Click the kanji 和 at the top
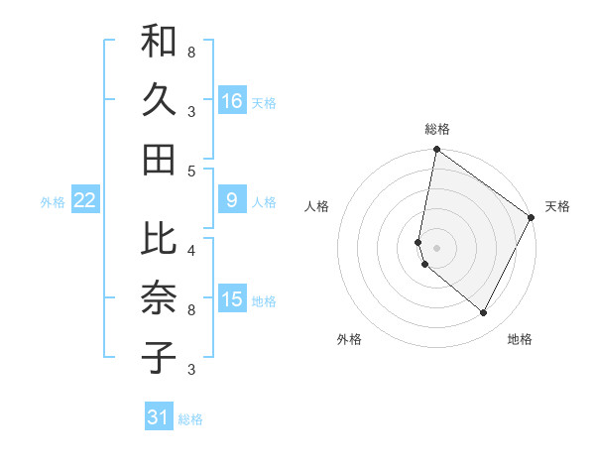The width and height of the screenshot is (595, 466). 159,43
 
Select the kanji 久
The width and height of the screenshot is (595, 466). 159,100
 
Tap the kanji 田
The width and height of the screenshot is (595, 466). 159,159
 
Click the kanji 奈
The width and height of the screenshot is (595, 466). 159,298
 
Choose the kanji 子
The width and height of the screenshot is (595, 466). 159,357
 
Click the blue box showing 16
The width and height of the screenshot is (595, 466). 232,101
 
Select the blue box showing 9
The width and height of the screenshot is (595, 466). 232,201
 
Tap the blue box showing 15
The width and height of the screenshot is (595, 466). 232,299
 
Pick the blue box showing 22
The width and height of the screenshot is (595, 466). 85,201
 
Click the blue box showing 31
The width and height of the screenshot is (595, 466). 159,417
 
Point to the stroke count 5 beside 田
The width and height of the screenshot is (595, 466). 192,171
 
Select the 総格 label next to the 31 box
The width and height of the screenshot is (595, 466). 190,419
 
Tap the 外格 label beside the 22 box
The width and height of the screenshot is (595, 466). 52,202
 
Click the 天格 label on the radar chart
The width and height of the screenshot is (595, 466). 557,206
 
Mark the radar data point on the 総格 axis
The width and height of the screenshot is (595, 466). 436,151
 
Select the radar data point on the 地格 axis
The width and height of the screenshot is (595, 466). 484,313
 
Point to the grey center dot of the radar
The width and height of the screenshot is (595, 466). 436,247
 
